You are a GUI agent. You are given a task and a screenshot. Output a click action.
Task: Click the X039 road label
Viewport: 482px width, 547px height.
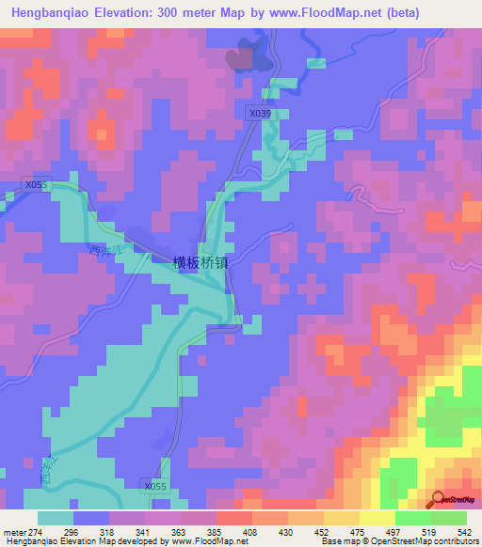click(x=261, y=113)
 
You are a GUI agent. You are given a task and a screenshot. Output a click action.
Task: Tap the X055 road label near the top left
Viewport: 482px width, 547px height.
click(x=36, y=185)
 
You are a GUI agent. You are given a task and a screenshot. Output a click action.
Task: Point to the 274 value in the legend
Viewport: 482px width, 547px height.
click(x=34, y=531)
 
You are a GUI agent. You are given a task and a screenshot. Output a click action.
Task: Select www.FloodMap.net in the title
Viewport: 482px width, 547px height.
click(x=328, y=12)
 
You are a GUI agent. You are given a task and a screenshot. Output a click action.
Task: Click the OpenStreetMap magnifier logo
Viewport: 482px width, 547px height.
click(x=439, y=498)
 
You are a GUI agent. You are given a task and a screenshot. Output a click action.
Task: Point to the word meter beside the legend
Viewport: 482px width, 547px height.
click(x=13, y=531)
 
